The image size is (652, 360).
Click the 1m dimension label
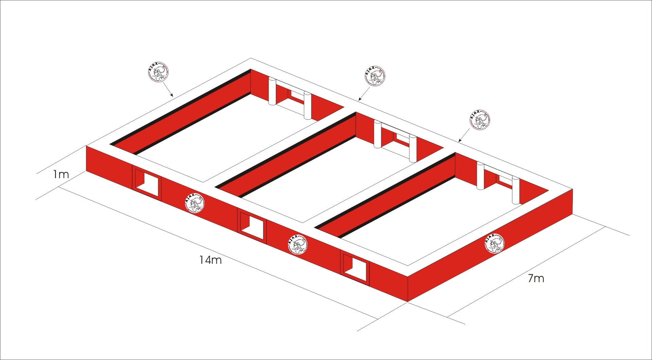[x=61, y=175]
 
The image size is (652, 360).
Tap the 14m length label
[x=211, y=260]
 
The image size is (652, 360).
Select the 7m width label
[x=536, y=278]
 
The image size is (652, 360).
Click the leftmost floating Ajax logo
[x=158, y=72]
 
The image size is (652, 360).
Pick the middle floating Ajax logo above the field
[x=375, y=76]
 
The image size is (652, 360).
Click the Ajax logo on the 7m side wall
[x=494, y=243]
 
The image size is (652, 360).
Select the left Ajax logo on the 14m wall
[x=195, y=203]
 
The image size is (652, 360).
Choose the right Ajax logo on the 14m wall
[x=298, y=244]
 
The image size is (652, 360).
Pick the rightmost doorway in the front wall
[x=355, y=267]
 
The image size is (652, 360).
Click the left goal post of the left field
[x=272, y=91]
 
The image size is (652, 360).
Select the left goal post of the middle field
[x=377, y=134]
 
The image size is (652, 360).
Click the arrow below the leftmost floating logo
[x=167, y=89]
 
